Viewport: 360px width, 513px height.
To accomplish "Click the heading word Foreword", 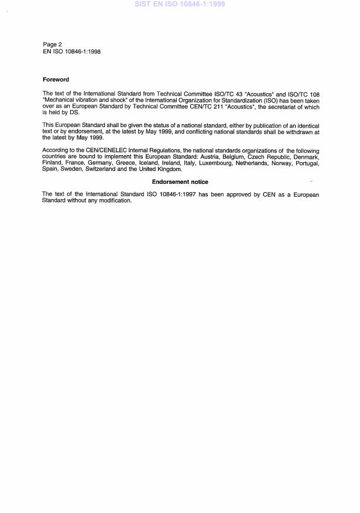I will [x=56, y=79].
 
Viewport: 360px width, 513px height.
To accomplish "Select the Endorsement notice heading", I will [x=180, y=182].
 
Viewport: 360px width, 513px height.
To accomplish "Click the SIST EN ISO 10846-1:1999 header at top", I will [x=180, y=4].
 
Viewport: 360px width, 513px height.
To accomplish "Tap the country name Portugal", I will [x=305, y=162].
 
